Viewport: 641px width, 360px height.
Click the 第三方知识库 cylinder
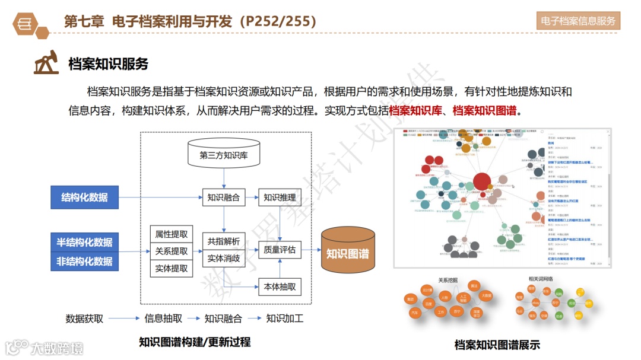[223, 156]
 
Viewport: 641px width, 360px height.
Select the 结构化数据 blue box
[85, 197]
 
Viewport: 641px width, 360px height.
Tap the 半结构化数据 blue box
[85, 242]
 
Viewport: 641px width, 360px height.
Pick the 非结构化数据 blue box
[85, 261]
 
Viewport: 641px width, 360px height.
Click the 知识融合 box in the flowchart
[223, 197]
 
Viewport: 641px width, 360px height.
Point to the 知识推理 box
[280, 197]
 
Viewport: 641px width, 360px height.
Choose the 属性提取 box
[172, 234]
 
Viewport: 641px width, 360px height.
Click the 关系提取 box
[172, 251]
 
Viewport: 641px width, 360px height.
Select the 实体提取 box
[172, 268]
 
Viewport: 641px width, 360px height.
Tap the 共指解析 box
[223, 241]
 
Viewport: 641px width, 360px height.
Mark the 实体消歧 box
[223, 259]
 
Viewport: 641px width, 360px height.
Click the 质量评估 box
[280, 250]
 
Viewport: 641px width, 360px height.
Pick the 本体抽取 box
[280, 287]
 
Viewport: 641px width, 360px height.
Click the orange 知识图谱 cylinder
[347, 254]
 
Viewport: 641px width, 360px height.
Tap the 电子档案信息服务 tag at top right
[578, 21]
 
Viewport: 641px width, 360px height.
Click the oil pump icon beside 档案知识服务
[46, 63]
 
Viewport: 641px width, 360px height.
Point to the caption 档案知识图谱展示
[497, 345]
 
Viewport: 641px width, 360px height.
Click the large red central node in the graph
[482, 181]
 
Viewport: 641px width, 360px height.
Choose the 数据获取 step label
[84, 318]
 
